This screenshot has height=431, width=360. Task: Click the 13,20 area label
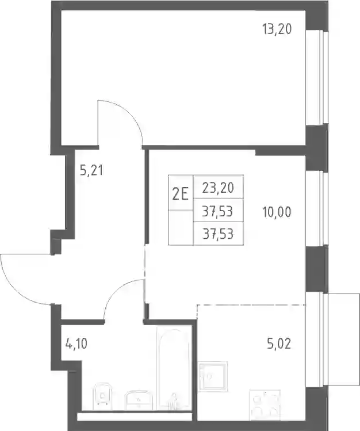click(x=277, y=29)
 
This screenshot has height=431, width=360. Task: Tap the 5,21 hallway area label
click(x=91, y=171)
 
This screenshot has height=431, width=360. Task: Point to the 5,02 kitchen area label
click(x=279, y=344)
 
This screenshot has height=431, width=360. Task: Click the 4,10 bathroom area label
click(x=76, y=344)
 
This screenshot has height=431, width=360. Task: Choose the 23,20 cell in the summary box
click(x=218, y=188)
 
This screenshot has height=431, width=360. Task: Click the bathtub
click(x=174, y=368)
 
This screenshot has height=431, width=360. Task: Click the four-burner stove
click(x=265, y=405)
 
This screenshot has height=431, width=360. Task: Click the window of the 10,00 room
click(x=317, y=209)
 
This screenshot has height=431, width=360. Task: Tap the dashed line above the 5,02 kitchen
click(x=251, y=305)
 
